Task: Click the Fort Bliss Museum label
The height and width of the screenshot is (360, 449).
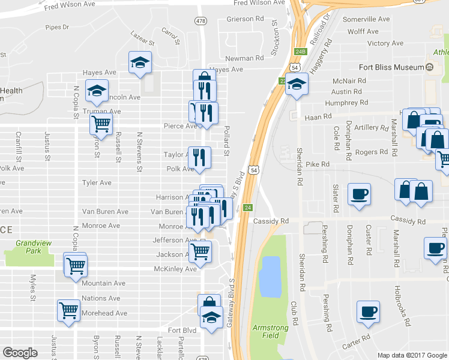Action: (391, 67)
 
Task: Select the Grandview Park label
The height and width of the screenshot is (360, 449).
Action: (29, 247)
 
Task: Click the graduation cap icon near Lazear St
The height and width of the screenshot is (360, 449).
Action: (140, 62)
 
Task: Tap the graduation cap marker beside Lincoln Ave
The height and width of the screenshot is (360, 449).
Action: (97, 91)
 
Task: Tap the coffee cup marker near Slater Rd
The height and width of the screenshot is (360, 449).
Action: (360, 194)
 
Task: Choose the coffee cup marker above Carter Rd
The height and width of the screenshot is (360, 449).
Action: (368, 311)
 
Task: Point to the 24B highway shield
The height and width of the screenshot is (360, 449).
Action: (301, 52)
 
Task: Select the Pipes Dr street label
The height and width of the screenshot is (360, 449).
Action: (58, 27)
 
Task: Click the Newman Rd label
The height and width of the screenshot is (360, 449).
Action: (245, 58)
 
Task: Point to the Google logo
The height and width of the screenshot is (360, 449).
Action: (20, 353)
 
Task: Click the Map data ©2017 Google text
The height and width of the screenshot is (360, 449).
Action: (412, 355)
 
